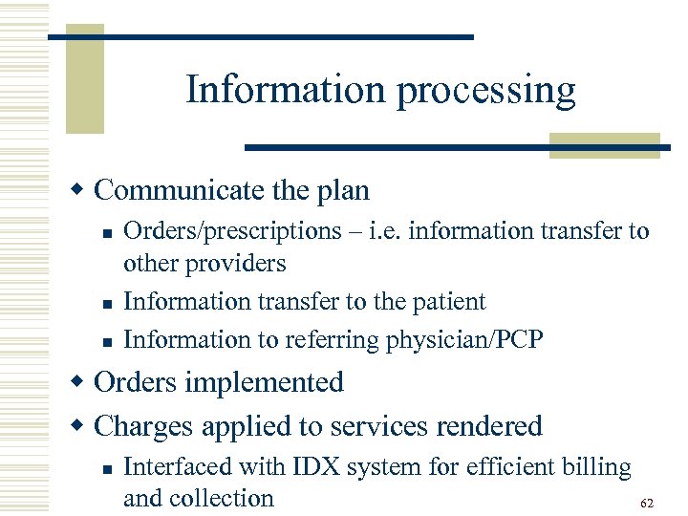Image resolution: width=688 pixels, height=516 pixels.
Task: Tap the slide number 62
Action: coord(647,503)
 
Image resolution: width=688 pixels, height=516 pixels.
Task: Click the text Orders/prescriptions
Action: coord(205,231)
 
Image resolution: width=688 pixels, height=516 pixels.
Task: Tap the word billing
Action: coord(597,467)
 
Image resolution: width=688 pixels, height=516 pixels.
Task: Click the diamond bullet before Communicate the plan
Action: coord(82,190)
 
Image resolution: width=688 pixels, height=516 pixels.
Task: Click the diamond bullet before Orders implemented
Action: coord(82,382)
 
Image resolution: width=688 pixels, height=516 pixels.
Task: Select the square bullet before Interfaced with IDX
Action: coord(108,468)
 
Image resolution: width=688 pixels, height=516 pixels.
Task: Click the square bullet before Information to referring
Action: coord(108,341)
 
